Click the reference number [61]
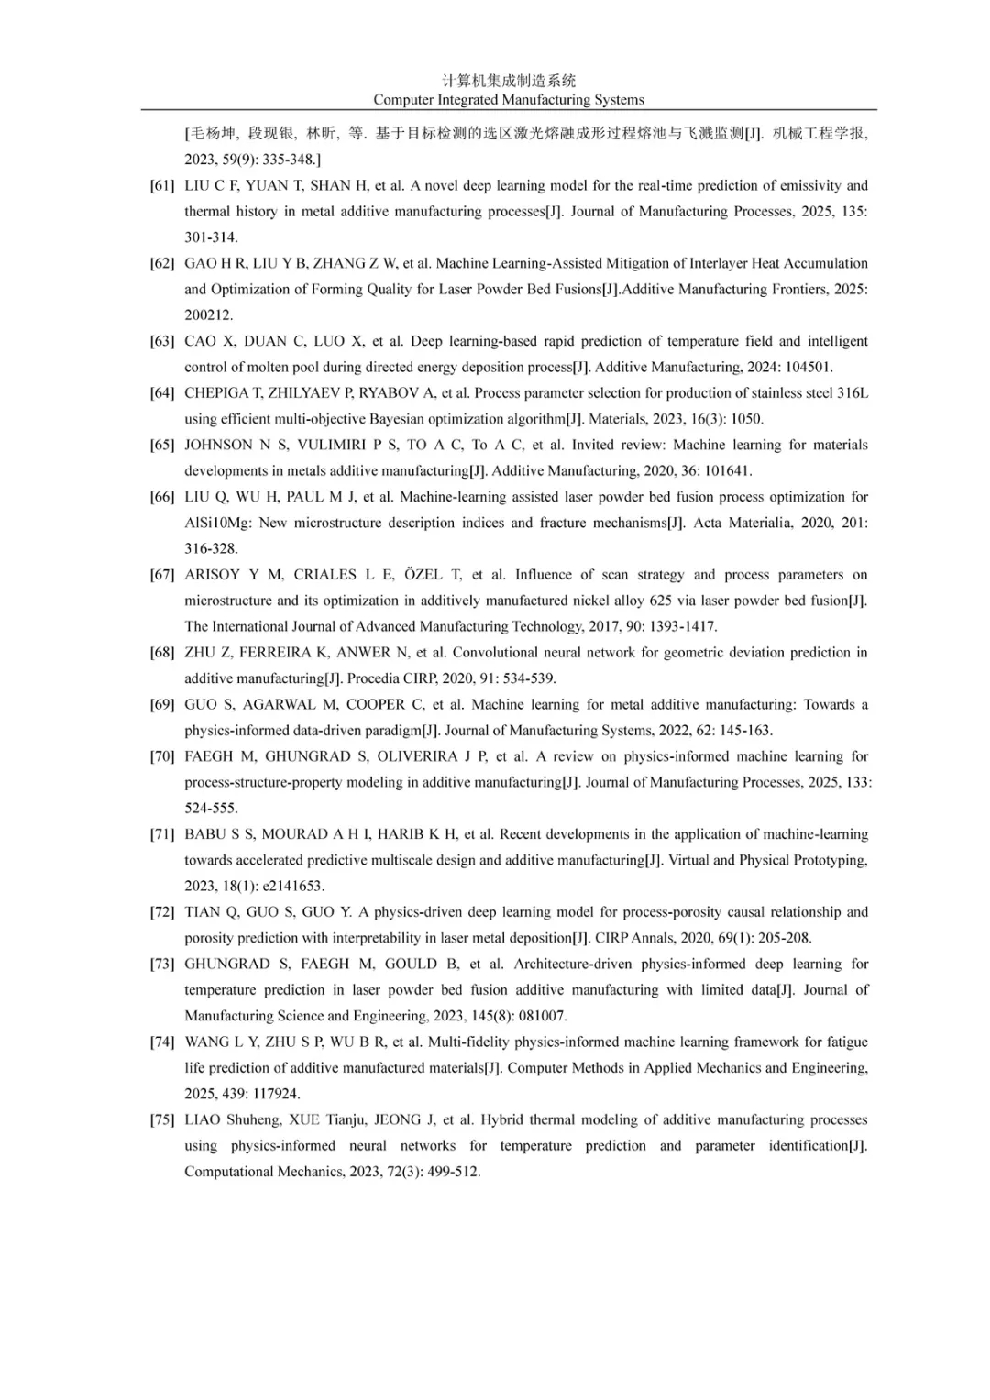(162, 185)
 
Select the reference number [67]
(162, 575)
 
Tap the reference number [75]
(162, 1119)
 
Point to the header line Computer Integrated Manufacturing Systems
(509, 100)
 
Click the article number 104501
(803, 368)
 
